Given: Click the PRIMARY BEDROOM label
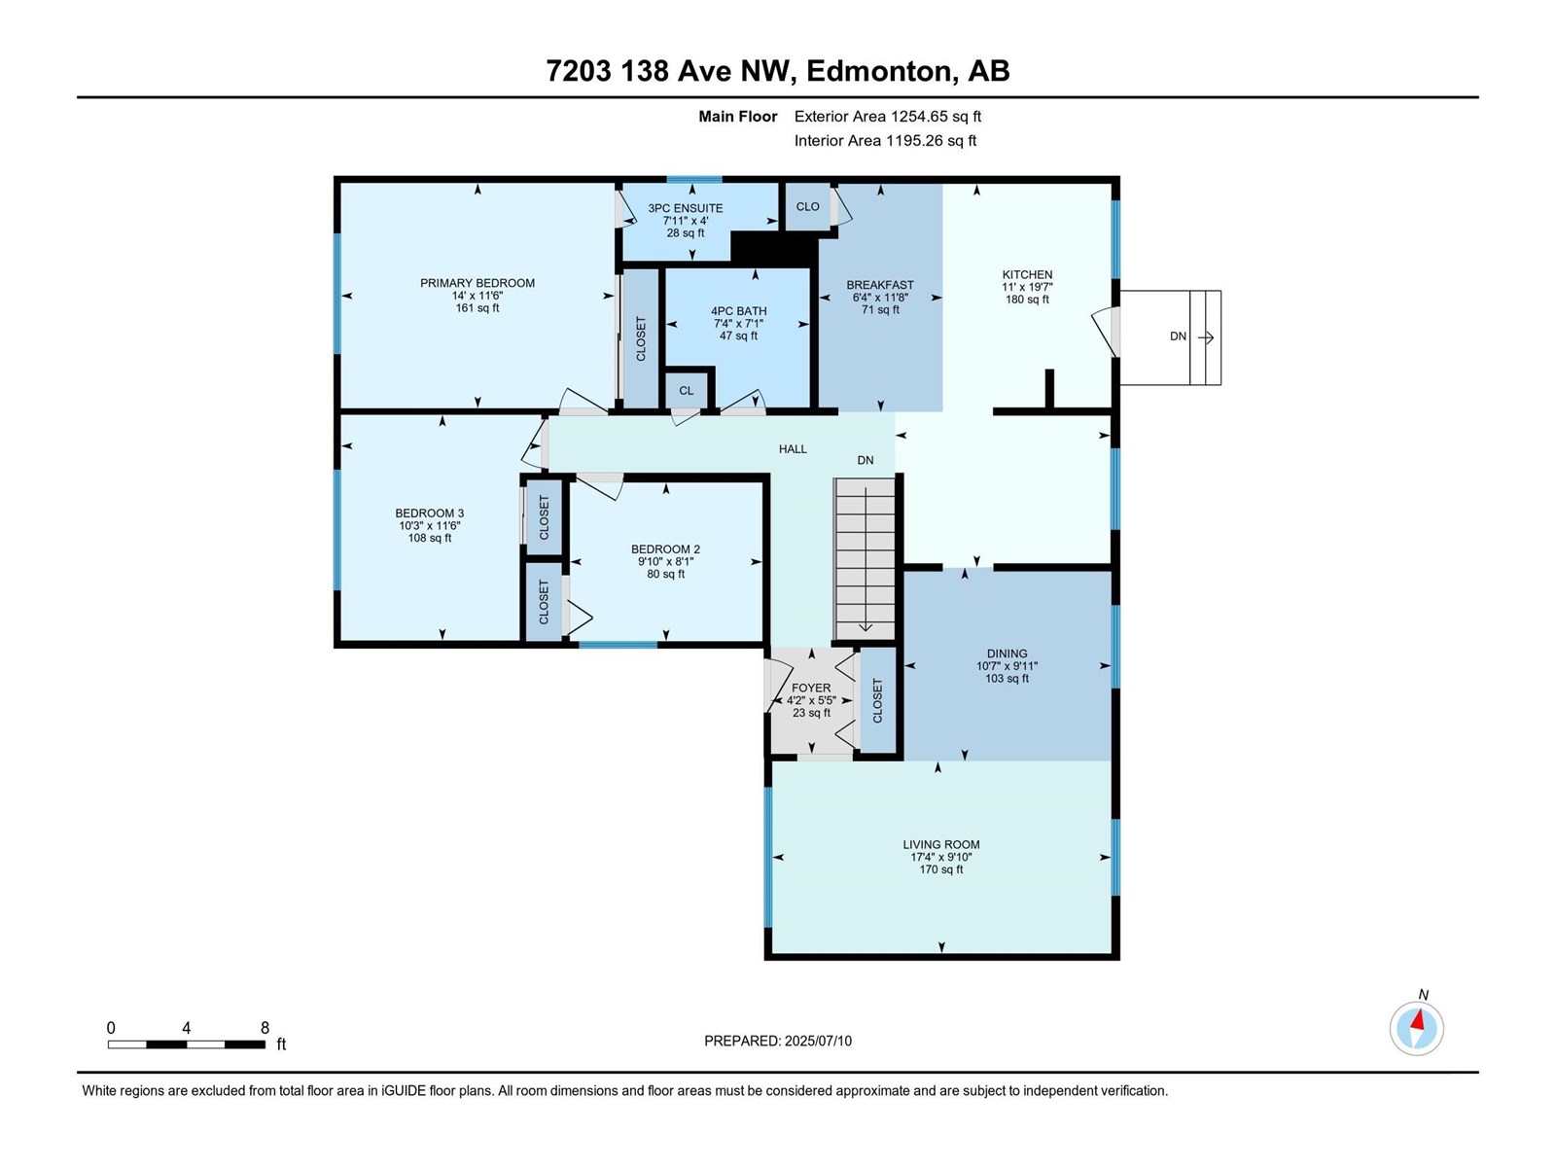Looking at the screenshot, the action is click(x=477, y=283).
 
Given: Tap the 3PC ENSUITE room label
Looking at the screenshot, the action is click(x=686, y=208).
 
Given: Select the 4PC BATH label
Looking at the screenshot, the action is click(x=739, y=311).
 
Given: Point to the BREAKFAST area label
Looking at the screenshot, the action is click(x=880, y=285).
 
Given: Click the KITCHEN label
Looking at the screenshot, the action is click(x=1027, y=275).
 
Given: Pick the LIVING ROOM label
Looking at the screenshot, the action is click(x=941, y=844).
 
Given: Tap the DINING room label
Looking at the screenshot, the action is click(x=1007, y=654).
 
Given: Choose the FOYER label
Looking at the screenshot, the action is click(x=811, y=688).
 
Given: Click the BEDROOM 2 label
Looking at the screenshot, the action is click(x=665, y=549).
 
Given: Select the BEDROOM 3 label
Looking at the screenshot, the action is click(x=430, y=513).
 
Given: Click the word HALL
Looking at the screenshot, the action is click(x=793, y=449).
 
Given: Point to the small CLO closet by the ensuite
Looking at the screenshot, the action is click(x=807, y=207).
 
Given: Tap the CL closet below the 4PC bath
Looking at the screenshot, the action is click(x=687, y=391).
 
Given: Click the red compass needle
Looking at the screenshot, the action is click(x=1418, y=1021).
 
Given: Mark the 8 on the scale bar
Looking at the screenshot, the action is click(x=265, y=1028).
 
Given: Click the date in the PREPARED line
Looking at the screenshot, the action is click(x=818, y=1041).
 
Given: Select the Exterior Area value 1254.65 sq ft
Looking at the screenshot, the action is click(x=936, y=117).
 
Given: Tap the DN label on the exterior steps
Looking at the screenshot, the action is click(x=1178, y=336).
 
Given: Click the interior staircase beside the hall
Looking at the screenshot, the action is click(x=865, y=559).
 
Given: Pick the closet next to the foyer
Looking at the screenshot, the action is click(x=877, y=701).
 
